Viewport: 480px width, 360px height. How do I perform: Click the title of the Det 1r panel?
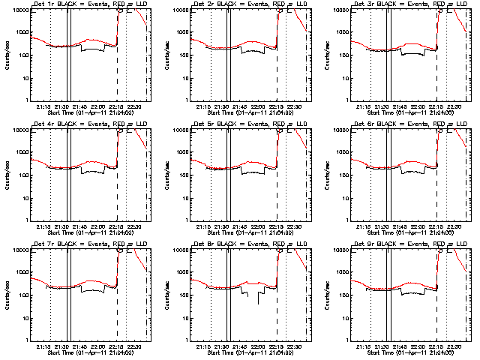88,5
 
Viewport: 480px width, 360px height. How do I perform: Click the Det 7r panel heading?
88,244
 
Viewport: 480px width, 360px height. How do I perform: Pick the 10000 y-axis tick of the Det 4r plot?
18,130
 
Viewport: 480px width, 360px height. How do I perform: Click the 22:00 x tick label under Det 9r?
418,346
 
